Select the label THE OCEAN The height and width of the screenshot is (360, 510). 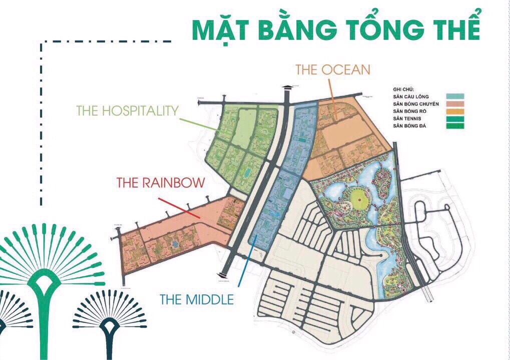333,69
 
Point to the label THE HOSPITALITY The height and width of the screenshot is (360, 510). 127,110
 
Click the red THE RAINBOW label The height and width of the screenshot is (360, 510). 161,182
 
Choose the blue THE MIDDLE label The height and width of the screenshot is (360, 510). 197,299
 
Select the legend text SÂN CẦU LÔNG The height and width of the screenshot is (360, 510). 411,96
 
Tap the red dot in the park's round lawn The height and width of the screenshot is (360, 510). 359,201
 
